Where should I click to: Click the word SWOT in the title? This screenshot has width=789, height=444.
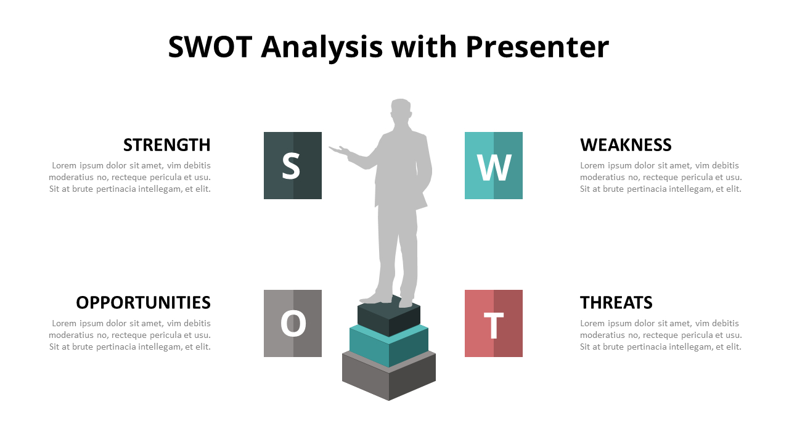[210, 47]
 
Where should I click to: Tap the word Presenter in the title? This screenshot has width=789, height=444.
[538, 47]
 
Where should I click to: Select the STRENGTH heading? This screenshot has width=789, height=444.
[167, 145]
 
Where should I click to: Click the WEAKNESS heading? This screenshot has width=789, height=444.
[626, 145]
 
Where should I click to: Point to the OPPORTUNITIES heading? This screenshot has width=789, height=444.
[144, 303]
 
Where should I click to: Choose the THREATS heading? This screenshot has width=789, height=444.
[616, 303]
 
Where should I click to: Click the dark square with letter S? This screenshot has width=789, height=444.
[293, 166]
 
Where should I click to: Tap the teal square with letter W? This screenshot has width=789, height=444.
[494, 166]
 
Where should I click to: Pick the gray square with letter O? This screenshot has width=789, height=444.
[293, 324]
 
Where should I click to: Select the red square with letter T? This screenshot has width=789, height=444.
[494, 324]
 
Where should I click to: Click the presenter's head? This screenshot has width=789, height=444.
[401, 110]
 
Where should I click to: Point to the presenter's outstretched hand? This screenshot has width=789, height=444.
[339, 150]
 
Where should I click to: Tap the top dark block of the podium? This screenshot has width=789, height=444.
[389, 314]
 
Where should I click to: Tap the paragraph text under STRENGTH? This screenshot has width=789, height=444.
[129, 177]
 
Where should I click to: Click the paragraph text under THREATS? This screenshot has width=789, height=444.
[661, 335]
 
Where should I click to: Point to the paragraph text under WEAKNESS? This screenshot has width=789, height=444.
[661, 177]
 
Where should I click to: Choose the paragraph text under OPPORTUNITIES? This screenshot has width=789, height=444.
[129, 335]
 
